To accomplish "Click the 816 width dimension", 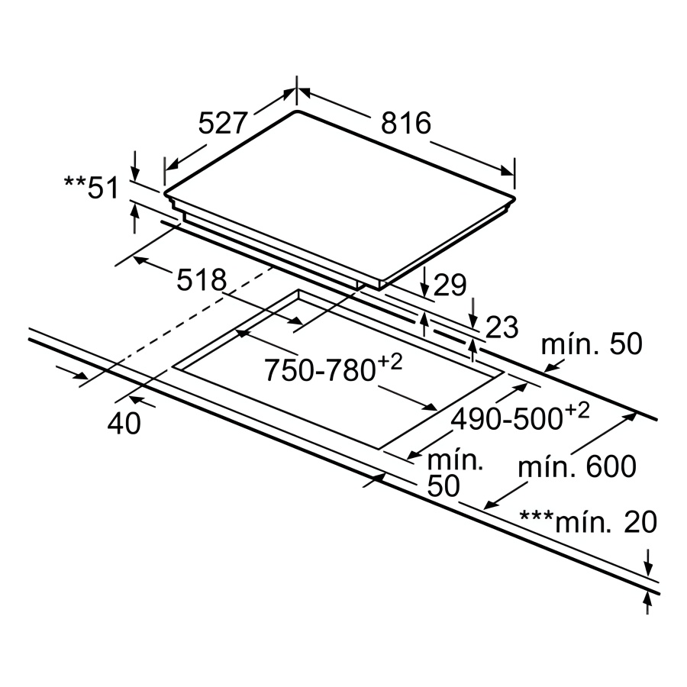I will click(407, 122).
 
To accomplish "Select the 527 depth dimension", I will click(224, 122).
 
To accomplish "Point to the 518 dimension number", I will click(202, 281).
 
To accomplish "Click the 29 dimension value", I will click(450, 285).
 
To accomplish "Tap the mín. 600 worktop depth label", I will click(577, 466).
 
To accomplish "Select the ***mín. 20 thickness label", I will click(588, 522).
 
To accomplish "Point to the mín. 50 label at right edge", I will click(592, 344).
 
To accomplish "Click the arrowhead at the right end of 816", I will click(508, 169).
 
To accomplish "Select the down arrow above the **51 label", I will click(135, 166).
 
